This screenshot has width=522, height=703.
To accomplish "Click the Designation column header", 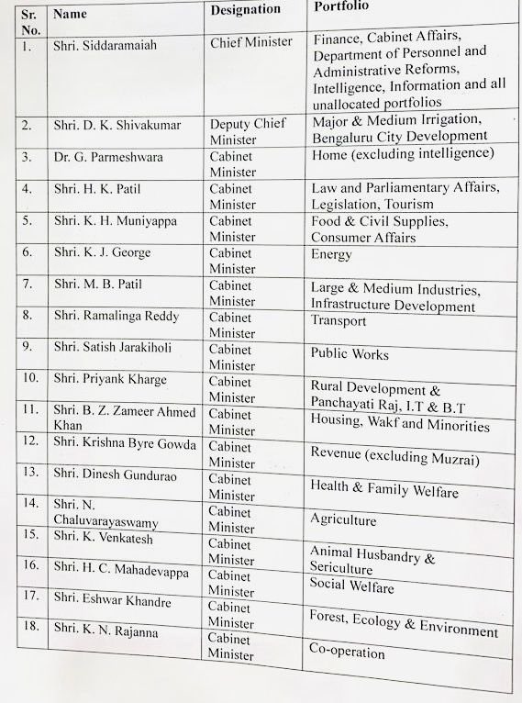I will (x=245, y=10).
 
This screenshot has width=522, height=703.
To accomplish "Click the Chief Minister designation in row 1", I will (x=251, y=42).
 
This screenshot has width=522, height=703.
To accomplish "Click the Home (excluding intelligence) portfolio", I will (x=403, y=153).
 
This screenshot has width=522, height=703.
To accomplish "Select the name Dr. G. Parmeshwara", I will (x=108, y=157).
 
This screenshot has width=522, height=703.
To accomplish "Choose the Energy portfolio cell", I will (x=331, y=255).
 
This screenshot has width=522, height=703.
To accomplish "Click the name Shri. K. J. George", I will (x=101, y=252).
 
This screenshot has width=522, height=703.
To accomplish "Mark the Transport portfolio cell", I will (x=339, y=321).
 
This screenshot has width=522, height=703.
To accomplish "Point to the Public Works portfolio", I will (x=350, y=353).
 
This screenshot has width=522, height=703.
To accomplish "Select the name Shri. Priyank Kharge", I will (x=110, y=379).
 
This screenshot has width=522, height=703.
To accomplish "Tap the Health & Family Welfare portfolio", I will (x=383, y=489).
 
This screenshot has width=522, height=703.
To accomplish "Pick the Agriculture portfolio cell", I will (x=343, y=520).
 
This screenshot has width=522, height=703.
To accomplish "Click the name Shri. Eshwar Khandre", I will (x=112, y=597).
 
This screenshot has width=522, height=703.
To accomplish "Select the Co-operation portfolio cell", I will (x=348, y=653).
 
